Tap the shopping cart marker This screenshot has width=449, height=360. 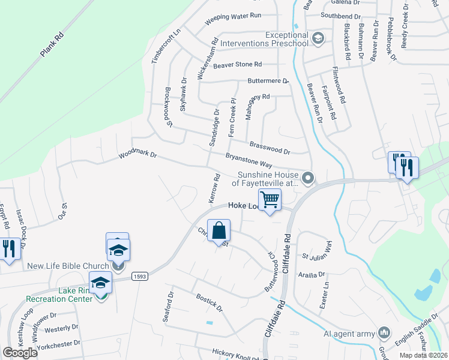[x=270, y=199]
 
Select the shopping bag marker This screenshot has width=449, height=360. [x=219, y=230]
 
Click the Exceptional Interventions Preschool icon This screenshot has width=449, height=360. [x=318, y=39]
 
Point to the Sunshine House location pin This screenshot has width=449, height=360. [x=309, y=178]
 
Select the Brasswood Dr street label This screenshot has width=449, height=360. [x=270, y=148]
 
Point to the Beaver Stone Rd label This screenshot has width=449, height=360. [x=238, y=64]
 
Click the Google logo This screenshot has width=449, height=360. [x=20, y=353]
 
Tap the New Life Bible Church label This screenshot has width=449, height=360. [x=67, y=265]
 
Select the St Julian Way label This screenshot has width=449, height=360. [x=317, y=251]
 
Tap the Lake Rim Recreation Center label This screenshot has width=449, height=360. [x=58, y=295]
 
